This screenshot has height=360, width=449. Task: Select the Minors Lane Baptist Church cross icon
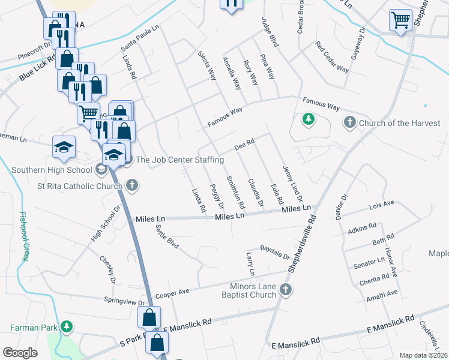tap(286, 290)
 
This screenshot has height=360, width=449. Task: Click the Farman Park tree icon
tap(67, 327)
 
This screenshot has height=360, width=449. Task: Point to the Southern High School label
tap(53, 170)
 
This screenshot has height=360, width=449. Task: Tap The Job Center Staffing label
tap(179, 160)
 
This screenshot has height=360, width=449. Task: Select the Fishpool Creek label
tap(24, 237)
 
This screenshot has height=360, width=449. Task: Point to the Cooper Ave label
tap(172, 293)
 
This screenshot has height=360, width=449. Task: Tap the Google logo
tap(20, 353)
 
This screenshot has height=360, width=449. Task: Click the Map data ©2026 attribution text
tap(424, 355)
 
